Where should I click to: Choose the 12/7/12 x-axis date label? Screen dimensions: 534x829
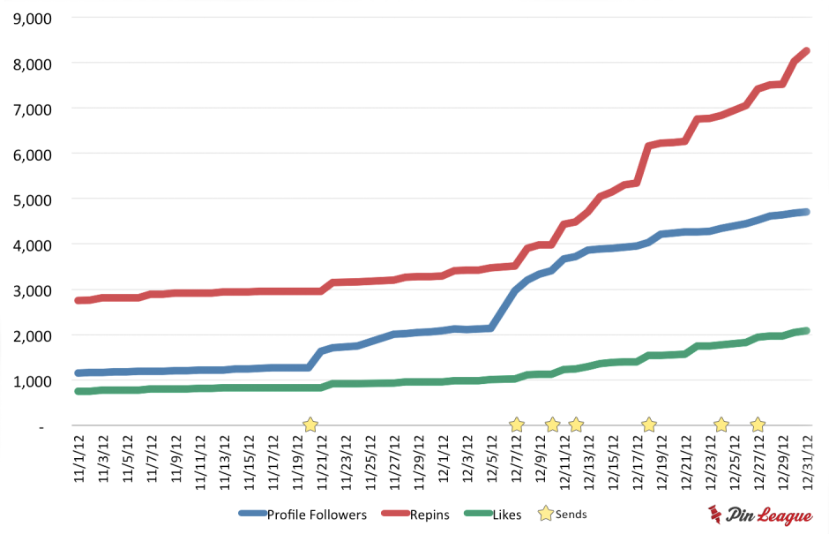pyautogui.click(x=517, y=460)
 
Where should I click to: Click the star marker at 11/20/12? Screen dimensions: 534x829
pyautogui.click(x=310, y=425)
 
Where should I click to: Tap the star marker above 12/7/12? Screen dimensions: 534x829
pyautogui.click(x=517, y=425)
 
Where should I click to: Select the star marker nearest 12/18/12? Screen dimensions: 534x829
pyautogui.click(x=649, y=425)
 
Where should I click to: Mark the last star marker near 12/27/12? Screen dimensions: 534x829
pyautogui.click(x=758, y=425)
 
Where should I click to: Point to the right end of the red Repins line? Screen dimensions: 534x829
pyautogui.click(x=806, y=51)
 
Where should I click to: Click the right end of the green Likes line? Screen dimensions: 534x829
pyautogui.click(x=806, y=331)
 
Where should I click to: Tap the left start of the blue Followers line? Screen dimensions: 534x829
pyautogui.click(x=79, y=373)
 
